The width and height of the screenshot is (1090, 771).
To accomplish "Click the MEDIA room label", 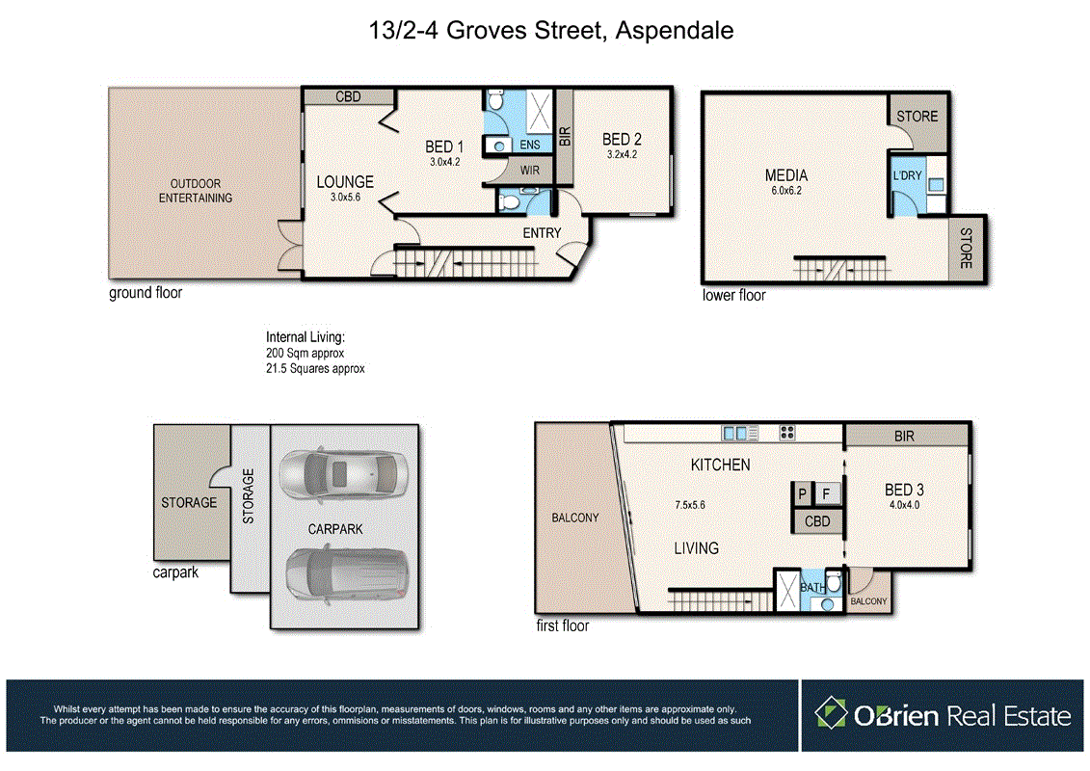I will tap(785, 175).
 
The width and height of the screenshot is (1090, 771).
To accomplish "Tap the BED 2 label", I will tap(622, 140).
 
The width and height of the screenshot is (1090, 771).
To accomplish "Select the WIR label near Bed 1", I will tap(529, 171).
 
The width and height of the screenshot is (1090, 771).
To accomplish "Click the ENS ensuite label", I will tap(529, 145).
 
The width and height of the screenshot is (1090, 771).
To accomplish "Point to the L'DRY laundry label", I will tap(907, 176).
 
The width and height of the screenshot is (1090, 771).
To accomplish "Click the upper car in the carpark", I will tap(343, 473).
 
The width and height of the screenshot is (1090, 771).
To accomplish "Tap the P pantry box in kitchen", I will tap(801, 493).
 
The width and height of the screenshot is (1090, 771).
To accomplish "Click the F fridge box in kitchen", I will tap(827, 493).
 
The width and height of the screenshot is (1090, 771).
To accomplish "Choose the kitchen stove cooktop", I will tap(786, 433).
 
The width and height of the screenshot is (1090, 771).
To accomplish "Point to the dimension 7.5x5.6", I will tap(691, 504).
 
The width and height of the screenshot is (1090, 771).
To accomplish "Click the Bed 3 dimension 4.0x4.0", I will tap(903, 504).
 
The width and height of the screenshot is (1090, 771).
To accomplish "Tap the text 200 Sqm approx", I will tap(305, 354).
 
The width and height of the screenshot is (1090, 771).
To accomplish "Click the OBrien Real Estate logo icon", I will tap(830, 714).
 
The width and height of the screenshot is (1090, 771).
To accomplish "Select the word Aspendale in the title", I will tap(677, 30).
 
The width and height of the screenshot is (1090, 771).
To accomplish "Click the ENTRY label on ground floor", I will tap(541, 234).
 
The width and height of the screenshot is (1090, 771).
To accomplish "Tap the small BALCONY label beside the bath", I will tap(869, 601).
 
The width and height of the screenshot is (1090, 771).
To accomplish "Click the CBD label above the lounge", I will tap(347, 96).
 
